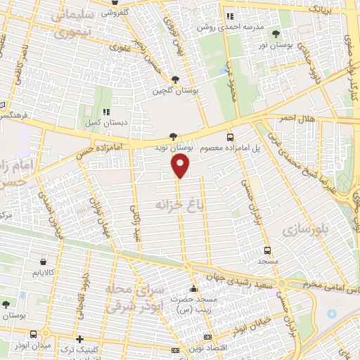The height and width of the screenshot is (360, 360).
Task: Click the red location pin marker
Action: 181,166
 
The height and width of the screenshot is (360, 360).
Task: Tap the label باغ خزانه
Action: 184,203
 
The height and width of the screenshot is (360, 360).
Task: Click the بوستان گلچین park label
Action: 172,91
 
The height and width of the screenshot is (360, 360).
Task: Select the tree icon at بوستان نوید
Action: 174,136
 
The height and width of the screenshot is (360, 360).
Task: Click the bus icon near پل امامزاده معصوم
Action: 231,137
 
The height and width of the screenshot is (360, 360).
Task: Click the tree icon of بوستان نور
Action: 276,33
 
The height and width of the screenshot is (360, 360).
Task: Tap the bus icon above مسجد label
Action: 267,250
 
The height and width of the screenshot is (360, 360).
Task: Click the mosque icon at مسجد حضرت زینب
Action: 195,289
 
